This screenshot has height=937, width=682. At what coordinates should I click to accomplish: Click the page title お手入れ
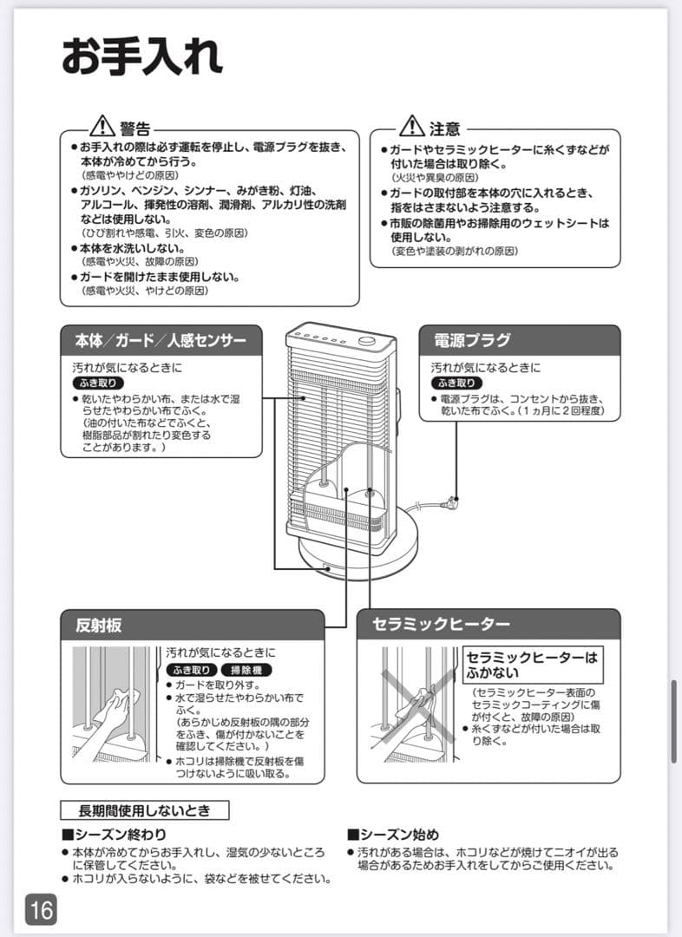tap(141, 56)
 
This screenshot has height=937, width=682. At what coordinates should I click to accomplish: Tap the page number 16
tap(41, 909)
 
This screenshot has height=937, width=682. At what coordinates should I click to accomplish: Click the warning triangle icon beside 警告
tap(102, 127)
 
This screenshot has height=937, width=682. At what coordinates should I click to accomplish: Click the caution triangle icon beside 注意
tap(411, 127)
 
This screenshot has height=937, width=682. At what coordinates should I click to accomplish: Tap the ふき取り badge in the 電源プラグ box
tap(456, 383)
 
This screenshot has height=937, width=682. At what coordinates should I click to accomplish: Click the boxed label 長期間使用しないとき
tap(144, 811)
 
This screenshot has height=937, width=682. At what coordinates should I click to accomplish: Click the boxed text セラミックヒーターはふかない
tap(532, 665)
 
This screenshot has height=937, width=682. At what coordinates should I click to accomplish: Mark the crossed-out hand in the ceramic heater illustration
tap(416, 704)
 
